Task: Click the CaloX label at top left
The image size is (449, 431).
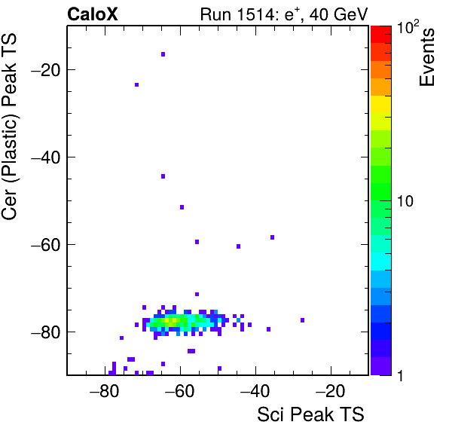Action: point(93,14)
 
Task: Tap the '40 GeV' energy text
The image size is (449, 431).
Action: point(338,14)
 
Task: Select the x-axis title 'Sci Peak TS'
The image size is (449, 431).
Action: point(310,414)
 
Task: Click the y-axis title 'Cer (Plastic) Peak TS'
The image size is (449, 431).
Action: point(9,127)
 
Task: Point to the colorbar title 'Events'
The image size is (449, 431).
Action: point(426,57)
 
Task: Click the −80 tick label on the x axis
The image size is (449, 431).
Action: point(104,391)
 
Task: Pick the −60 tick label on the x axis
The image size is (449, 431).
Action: point(180,391)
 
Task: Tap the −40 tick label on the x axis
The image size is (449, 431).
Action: point(255,391)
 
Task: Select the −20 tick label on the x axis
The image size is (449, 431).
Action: point(331,391)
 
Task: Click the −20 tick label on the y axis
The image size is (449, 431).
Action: point(46,70)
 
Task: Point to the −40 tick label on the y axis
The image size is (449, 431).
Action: point(46,157)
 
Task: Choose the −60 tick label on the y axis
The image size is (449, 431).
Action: point(46,245)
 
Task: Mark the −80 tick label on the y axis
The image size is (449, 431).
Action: point(46,332)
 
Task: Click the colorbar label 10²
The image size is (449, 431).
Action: point(408,27)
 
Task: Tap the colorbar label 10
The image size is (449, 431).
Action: point(405,201)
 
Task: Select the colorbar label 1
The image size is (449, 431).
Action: point(400,375)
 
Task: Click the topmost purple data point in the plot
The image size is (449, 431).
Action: point(163,54)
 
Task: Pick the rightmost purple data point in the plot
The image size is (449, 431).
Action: point(302,320)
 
